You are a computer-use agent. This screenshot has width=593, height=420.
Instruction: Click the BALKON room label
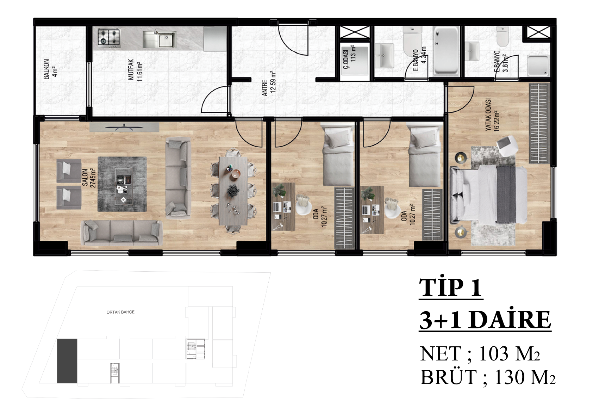[x=46, y=69]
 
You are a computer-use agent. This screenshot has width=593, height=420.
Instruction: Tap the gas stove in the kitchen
[x=109, y=37]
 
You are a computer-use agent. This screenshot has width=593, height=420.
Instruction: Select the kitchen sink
[x=160, y=39]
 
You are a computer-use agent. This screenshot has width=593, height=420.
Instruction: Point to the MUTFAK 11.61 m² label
[x=135, y=70]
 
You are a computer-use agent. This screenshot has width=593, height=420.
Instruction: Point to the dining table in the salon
[x=233, y=191]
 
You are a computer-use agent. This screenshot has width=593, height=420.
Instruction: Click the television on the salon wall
[x=124, y=127]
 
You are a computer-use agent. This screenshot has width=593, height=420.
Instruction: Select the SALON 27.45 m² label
[x=89, y=178]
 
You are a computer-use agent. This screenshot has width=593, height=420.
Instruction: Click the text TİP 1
[x=451, y=288]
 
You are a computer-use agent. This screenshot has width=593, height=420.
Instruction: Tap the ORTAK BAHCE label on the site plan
[x=120, y=312]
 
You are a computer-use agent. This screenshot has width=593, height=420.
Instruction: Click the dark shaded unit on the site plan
[x=67, y=361]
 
